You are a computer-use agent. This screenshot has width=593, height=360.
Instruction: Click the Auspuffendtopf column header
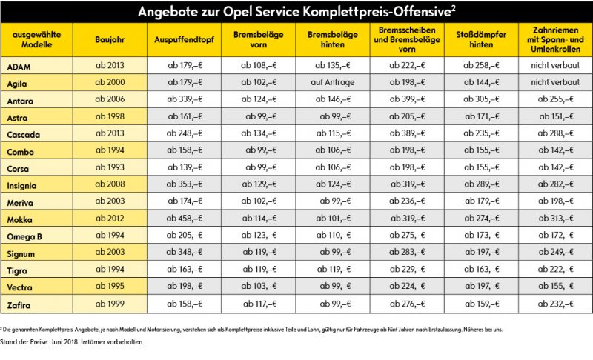tap(184, 40)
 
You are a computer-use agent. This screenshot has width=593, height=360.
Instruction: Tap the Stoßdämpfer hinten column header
tap(481, 40)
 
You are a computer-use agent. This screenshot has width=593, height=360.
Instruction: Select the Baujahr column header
tap(110, 40)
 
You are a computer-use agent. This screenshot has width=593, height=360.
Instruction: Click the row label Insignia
tap(21, 185)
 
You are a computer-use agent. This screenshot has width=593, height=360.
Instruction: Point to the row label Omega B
tap(24, 237)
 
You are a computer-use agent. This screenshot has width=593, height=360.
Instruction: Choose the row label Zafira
tap(19, 305)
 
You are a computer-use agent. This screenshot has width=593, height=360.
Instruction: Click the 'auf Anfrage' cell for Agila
tap(333, 82)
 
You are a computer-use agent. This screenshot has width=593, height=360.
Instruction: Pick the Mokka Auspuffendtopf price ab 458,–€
tap(184, 219)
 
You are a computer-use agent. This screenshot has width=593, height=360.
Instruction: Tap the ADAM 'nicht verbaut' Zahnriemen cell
tap(555, 65)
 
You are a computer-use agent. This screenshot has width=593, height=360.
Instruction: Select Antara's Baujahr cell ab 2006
tap(110, 99)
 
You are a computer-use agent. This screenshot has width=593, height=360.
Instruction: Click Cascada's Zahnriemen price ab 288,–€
tap(555, 133)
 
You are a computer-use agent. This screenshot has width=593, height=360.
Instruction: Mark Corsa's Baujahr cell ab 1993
tap(110, 167)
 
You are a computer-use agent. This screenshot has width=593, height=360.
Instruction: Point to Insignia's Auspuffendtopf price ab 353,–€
tap(184, 184)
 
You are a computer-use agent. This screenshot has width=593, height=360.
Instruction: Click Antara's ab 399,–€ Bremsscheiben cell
tap(407, 99)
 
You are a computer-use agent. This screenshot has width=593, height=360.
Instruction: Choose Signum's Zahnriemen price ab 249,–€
tap(556, 252)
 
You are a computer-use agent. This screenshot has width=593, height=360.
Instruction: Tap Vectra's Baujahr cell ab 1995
tap(110, 286)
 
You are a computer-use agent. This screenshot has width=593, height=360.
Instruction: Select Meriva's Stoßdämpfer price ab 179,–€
tap(482, 201)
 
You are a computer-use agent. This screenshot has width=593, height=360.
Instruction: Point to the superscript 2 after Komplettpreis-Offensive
tap(453, 7)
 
